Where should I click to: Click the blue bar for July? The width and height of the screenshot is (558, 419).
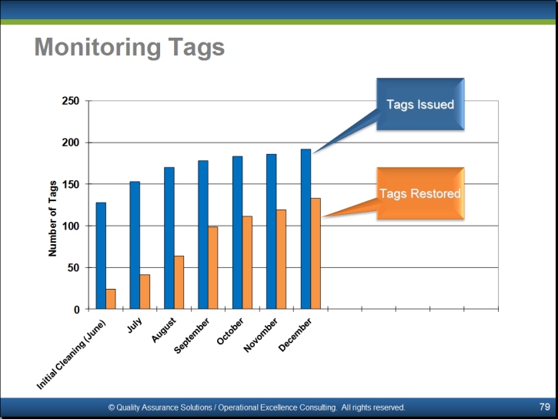(135, 245)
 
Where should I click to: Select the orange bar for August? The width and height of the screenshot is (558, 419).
(179, 283)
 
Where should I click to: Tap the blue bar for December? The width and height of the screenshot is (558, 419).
(306, 229)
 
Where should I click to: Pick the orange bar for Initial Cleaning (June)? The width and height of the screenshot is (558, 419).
(111, 299)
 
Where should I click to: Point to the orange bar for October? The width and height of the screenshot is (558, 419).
(247, 263)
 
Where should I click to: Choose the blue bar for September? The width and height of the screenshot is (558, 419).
(203, 235)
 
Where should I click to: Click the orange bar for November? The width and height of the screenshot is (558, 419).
(281, 259)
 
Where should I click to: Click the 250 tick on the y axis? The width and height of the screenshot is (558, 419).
(71, 101)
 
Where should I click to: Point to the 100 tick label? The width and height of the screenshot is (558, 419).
(71, 226)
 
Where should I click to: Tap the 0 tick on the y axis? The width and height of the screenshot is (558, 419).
(76, 310)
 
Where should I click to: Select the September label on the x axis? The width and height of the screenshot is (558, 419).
(192, 336)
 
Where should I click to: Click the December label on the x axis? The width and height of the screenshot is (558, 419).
(295, 335)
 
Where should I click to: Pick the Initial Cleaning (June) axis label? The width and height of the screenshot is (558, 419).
(71, 354)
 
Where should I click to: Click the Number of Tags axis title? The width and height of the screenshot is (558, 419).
(52, 218)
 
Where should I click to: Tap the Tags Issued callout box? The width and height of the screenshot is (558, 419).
(420, 104)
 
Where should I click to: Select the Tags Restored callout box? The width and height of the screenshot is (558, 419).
(420, 193)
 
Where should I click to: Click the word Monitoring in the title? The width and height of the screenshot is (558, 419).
(98, 48)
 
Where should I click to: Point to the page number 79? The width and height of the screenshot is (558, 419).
(544, 407)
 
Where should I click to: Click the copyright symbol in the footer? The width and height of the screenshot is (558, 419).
(112, 407)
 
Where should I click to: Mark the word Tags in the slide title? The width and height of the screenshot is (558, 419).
(196, 48)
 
